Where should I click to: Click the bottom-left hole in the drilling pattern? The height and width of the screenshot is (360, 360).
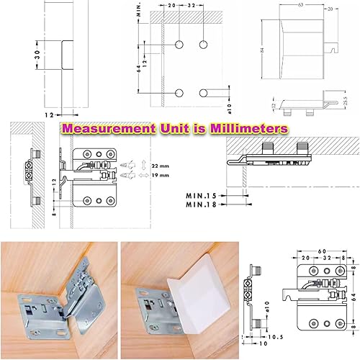(x=179, y=91)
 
